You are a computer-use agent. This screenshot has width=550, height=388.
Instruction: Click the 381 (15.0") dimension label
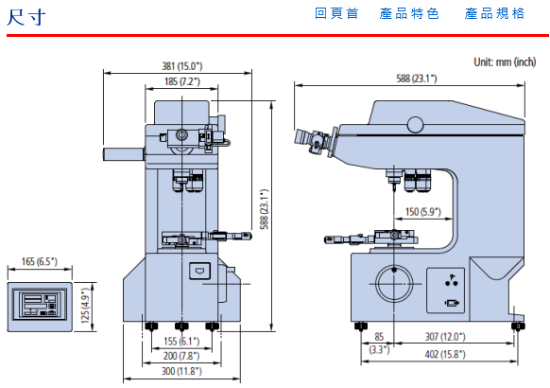coord(182,66)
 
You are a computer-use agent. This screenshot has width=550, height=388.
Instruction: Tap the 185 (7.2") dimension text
coord(182,81)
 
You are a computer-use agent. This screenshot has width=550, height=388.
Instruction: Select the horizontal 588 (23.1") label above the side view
coord(417,79)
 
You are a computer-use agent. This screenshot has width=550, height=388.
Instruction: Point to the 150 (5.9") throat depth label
coord(423,212)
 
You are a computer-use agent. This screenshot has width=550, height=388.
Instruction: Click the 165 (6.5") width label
coord(40,261)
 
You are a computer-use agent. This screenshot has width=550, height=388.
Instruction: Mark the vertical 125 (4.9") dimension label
coord(86,306)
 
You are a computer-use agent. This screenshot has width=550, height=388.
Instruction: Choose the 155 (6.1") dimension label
coord(181,341)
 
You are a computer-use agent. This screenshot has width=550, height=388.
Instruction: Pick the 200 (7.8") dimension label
coord(181,356)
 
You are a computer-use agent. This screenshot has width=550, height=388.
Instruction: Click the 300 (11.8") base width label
coord(181,371)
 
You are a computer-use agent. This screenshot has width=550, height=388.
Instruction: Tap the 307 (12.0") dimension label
coord(445,337)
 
